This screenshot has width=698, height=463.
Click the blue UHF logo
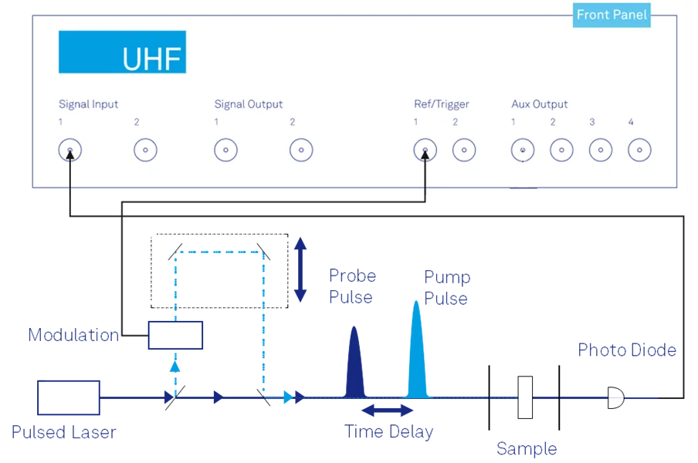pos(123,52)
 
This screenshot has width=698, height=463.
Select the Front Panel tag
pos(612,15)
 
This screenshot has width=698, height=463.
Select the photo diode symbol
pos(616,397)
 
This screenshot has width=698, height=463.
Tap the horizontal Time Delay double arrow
pos(388,410)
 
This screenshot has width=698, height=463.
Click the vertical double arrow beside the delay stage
pos(300,269)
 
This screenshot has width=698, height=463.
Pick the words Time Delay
pos(389,432)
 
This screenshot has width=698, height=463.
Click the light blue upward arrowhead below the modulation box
pos(175,367)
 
